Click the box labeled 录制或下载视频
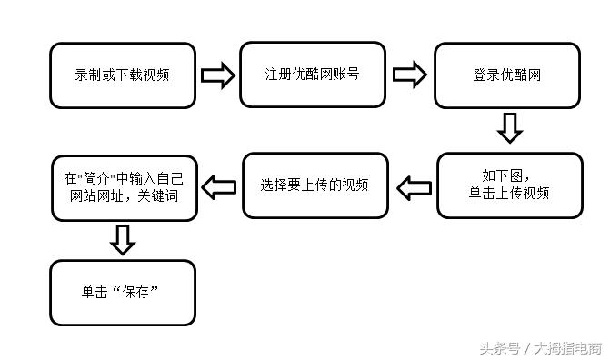click(123, 75)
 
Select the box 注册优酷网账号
click(314, 74)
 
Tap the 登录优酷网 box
click(506, 75)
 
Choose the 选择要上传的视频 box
click(315, 185)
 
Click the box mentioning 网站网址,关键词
click(123, 189)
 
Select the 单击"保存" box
click(123, 293)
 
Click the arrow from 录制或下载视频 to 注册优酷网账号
click(217, 75)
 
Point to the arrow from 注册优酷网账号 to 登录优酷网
click(410, 75)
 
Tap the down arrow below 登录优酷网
click(510, 128)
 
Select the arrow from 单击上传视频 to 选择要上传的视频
click(414, 186)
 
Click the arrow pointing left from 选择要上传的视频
click(218, 186)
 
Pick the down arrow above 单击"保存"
click(123, 239)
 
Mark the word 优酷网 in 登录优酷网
click(518, 75)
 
